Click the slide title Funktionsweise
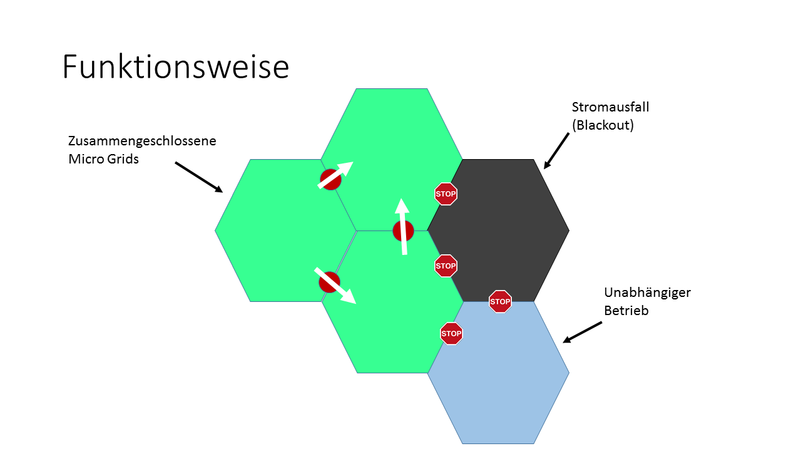[175, 67]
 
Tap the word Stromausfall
[610, 107]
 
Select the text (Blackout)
[603, 125]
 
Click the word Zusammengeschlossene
[142, 141]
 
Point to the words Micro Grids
[103, 159]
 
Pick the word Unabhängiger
[647, 293]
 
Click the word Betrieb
[626, 310]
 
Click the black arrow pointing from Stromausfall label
[556, 150]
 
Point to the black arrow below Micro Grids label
[198, 177]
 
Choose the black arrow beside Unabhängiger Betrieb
[583, 332]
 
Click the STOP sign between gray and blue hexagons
[500, 301]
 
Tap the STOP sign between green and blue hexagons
[451, 333]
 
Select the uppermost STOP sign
[446, 194]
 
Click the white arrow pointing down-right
[335, 286]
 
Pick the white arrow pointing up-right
[336, 175]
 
